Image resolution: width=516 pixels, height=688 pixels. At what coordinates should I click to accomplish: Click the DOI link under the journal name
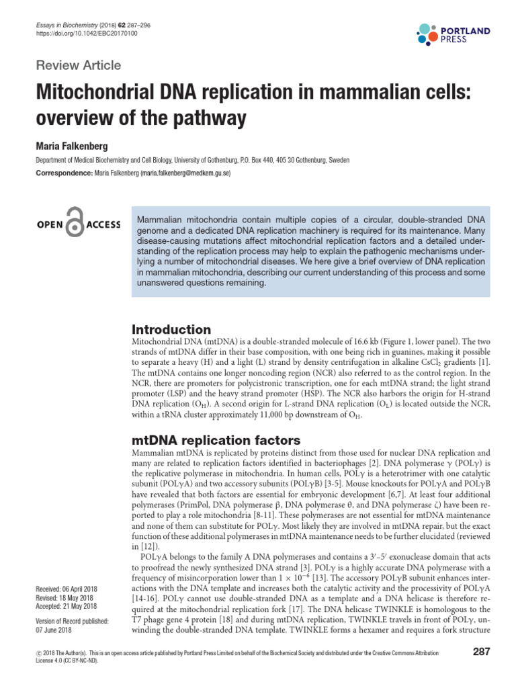86,33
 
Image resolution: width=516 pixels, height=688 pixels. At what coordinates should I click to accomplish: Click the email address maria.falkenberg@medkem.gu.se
186,173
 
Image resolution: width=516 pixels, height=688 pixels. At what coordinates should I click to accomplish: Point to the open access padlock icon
78,224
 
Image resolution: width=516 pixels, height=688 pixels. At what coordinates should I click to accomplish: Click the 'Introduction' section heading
171,329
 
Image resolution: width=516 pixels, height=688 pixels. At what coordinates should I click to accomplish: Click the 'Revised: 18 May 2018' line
64,598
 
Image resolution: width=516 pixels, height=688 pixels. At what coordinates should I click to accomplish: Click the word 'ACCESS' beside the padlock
103,224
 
